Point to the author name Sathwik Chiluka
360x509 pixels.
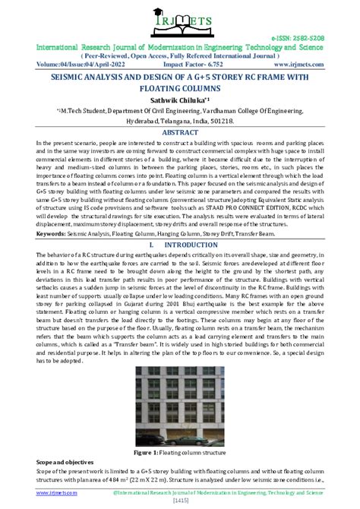click(x=178, y=99)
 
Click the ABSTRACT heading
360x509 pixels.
click(x=180, y=131)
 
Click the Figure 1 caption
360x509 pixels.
click(x=179, y=452)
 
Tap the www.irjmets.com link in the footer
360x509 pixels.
click(x=27, y=493)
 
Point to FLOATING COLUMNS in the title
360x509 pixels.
click(x=180, y=88)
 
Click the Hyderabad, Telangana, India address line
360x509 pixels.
click(x=180, y=120)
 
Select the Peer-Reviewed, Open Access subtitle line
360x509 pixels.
click(x=180, y=55)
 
